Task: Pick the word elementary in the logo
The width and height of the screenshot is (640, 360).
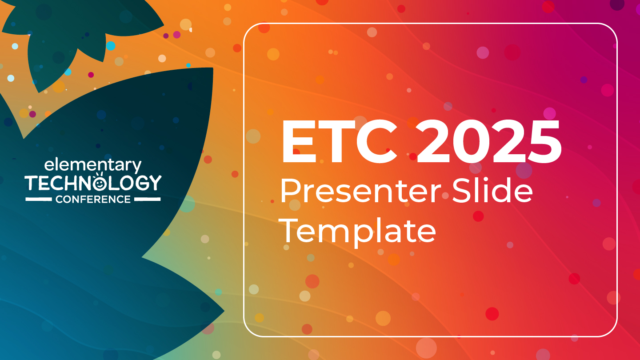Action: (92, 166)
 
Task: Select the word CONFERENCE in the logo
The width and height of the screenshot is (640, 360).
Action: (93, 200)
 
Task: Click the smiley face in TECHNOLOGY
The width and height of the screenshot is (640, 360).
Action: (100, 182)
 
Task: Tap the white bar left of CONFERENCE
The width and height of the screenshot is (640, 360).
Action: (39, 200)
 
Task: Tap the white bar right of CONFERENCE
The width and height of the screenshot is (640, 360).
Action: (147, 200)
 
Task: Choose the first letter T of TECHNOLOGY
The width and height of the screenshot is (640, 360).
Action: (32, 183)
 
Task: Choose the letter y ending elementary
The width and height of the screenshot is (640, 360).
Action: (136, 168)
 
